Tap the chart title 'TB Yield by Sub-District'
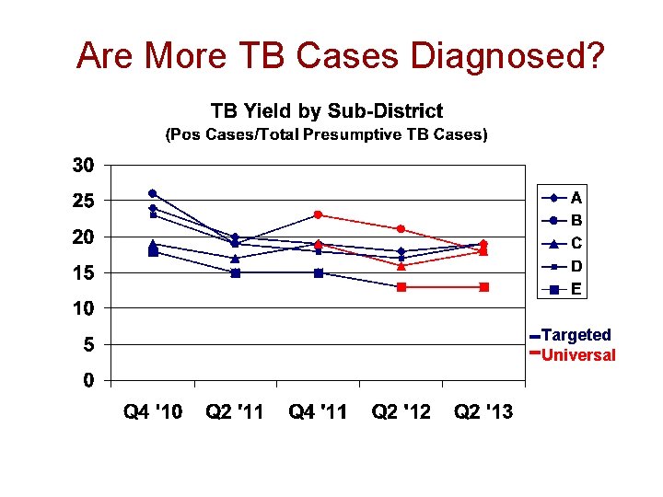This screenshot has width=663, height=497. coord(327,111)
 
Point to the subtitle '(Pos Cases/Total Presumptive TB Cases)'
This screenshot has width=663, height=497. coord(326,134)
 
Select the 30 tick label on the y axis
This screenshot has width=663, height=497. coord(83,166)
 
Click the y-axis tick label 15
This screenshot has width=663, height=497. coord(83,273)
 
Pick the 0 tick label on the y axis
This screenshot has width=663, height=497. coord(88,380)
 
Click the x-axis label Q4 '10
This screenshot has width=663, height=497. coord(153,412)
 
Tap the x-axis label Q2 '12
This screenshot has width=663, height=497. coord(401,412)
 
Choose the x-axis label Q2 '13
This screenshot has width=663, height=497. coord(483,412)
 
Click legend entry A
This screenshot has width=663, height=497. coord(576,197)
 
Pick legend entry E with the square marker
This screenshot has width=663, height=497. coord(576,288)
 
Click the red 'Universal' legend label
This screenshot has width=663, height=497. coord(578,355)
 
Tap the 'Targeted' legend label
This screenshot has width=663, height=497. coord(576,335)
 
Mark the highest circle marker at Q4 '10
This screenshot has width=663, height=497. coord(153,193)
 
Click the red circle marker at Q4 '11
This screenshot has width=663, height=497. coord(318,214)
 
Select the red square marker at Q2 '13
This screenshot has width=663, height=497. coord(483,287)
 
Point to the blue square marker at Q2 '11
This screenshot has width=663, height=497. coord(236,272)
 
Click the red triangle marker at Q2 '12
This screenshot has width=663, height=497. coord(401,266)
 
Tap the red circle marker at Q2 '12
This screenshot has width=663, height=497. coord(401,229)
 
